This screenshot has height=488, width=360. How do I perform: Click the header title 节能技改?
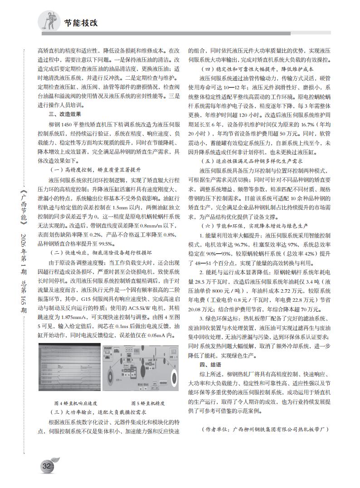(80, 22)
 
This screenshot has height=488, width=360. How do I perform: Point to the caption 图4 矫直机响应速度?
(76, 403)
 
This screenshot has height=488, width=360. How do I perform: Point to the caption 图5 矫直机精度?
(147, 403)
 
